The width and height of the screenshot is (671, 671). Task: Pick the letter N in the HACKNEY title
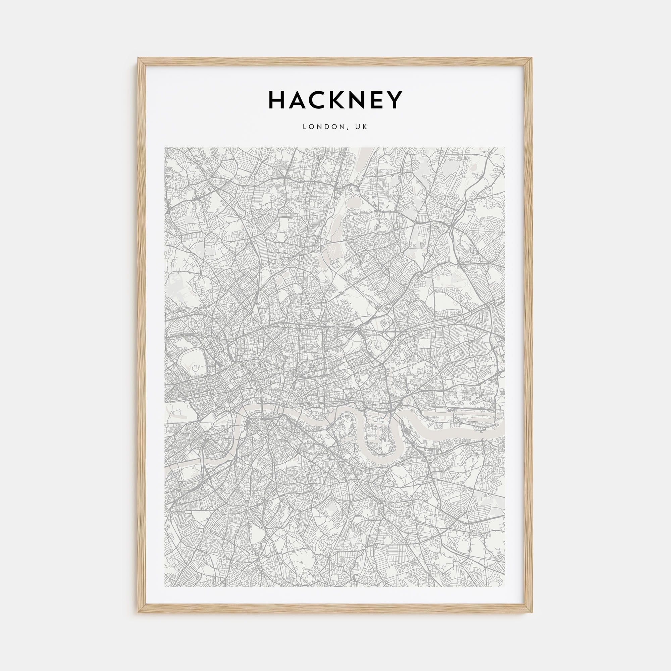click(x=364, y=100)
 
